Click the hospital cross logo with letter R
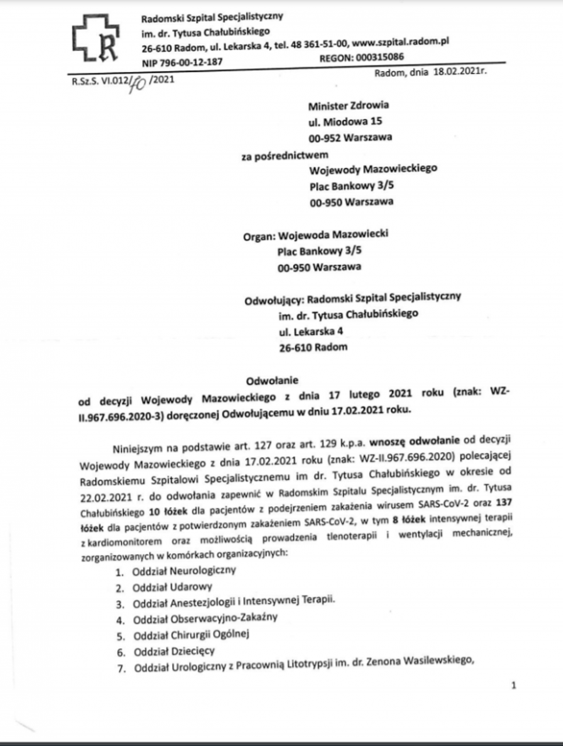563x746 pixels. tap(96, 38)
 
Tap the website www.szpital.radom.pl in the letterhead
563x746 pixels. tap(400, 42)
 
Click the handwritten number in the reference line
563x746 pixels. tap(137, 83)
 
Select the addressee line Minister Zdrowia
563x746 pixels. tap(348, 106)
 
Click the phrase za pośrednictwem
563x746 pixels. tap(285, 156)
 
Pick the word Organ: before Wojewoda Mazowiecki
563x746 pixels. tap(259, 236)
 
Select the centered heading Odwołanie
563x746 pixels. tap(272, 380)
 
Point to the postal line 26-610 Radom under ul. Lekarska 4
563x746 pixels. tap(313, 347)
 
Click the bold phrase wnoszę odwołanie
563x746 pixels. tap(414, 441)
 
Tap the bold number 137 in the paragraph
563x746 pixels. tap(503, 502)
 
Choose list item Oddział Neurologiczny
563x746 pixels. tap(184, 571)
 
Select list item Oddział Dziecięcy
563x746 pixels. tap(174, 651)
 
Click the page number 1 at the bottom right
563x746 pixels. tap(514, 685)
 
